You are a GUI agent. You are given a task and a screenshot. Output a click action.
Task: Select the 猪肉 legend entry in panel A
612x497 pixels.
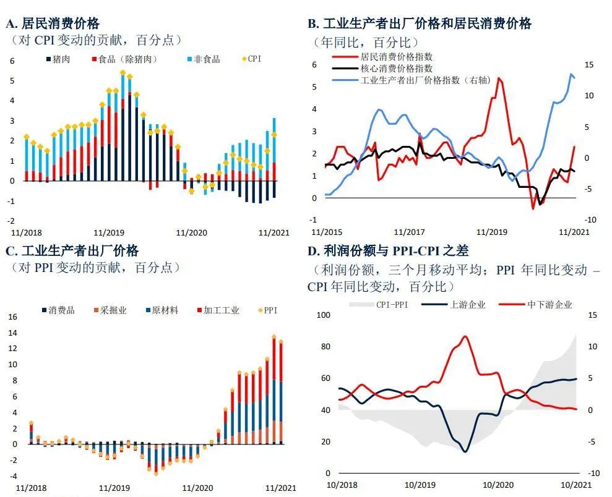coord(58,59)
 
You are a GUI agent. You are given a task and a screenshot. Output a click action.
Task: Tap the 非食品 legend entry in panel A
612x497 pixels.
coord(204,59)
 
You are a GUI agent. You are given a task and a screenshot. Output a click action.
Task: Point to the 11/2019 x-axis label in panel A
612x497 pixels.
coord(109,232)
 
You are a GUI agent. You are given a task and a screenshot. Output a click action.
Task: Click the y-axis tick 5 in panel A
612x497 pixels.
coord(12,81)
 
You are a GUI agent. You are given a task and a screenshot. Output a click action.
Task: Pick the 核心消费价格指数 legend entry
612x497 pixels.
coord(382,69)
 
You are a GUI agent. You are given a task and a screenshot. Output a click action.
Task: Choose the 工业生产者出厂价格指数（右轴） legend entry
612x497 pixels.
coord(411,80)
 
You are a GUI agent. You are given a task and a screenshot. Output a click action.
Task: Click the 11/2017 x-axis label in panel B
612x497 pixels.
coord(410,232)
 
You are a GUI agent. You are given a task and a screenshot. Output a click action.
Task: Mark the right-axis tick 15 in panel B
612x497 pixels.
coord(589,65)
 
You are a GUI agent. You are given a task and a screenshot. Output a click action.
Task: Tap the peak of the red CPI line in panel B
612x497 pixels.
coord(499,78)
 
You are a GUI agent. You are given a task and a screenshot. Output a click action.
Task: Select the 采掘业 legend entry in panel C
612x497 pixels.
coord(110,310)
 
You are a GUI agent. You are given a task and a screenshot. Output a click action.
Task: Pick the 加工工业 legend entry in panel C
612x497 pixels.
coord(218,310)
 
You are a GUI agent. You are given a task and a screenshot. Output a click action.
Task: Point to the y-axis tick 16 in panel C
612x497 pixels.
coord(13,316)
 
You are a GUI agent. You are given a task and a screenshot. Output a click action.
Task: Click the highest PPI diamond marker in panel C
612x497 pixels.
coord(274,336)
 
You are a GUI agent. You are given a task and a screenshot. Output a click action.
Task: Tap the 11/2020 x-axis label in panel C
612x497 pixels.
coord(198,488)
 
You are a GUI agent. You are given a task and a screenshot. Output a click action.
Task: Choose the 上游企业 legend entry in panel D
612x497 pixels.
coord(454,304)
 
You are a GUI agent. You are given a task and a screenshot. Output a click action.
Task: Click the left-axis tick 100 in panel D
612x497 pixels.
coord(323,315)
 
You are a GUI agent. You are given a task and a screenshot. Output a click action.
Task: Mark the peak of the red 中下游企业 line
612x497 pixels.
coord(465,336)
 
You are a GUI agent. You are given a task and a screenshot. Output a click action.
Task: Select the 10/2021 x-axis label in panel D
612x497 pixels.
coord(576,485)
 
